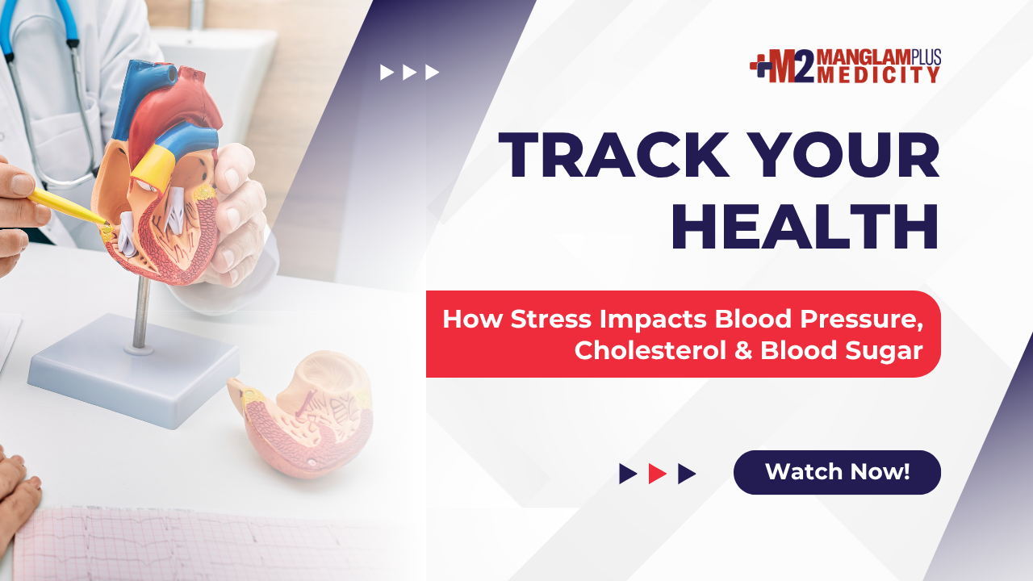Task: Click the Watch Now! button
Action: (x=837, y=472)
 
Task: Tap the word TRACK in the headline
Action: (x=614, y=155)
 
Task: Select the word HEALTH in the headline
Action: (x=805, y=227)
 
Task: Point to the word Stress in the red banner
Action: (x=550, y=319)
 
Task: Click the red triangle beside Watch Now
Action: (x=657, y=474)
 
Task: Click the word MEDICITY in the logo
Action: (x=879, y=75)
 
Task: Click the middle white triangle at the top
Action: (x=409, y=73)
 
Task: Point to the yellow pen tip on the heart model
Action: (x=105, y=224)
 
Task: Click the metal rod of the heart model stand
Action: (x=140, y=312)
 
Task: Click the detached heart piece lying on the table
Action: (x=302, y=412)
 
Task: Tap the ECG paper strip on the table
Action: (x=207, y=544)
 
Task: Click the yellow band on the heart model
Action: (x=153, y=167)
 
